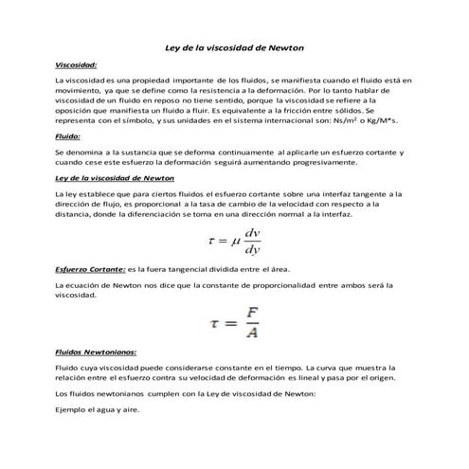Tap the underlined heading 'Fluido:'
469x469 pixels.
click(68, 136)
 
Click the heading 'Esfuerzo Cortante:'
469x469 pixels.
click(90, 269)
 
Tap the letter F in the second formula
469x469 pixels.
click(252, 312)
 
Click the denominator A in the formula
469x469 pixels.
click(252, 332)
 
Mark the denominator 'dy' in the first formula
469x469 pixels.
click(252, 250)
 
